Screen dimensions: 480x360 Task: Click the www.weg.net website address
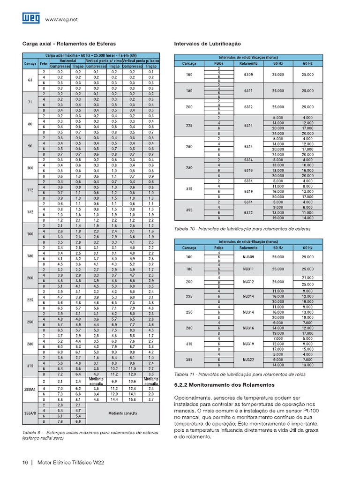point(61,20)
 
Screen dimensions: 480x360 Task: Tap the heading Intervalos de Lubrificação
point(207,44)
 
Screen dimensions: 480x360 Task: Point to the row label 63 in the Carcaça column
point(30,80)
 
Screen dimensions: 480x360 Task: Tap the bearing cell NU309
point(248,257)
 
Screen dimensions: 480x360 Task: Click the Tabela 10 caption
point(242,229)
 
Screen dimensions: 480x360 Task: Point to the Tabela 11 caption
point(240,375)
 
